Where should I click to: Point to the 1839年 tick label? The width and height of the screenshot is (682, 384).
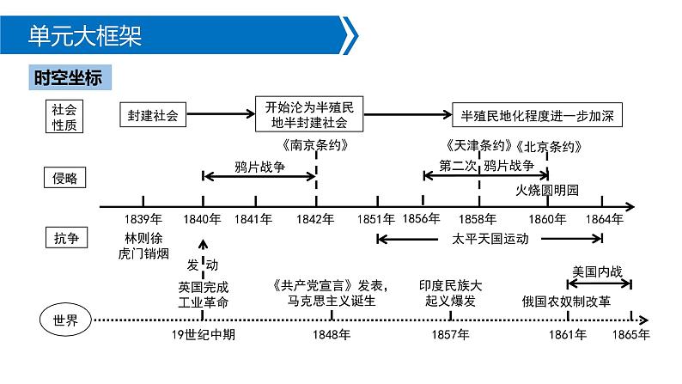pos(143,220)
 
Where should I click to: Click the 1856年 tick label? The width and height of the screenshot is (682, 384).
pos(423,220)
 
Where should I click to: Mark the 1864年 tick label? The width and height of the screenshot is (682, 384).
pos(604,220)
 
